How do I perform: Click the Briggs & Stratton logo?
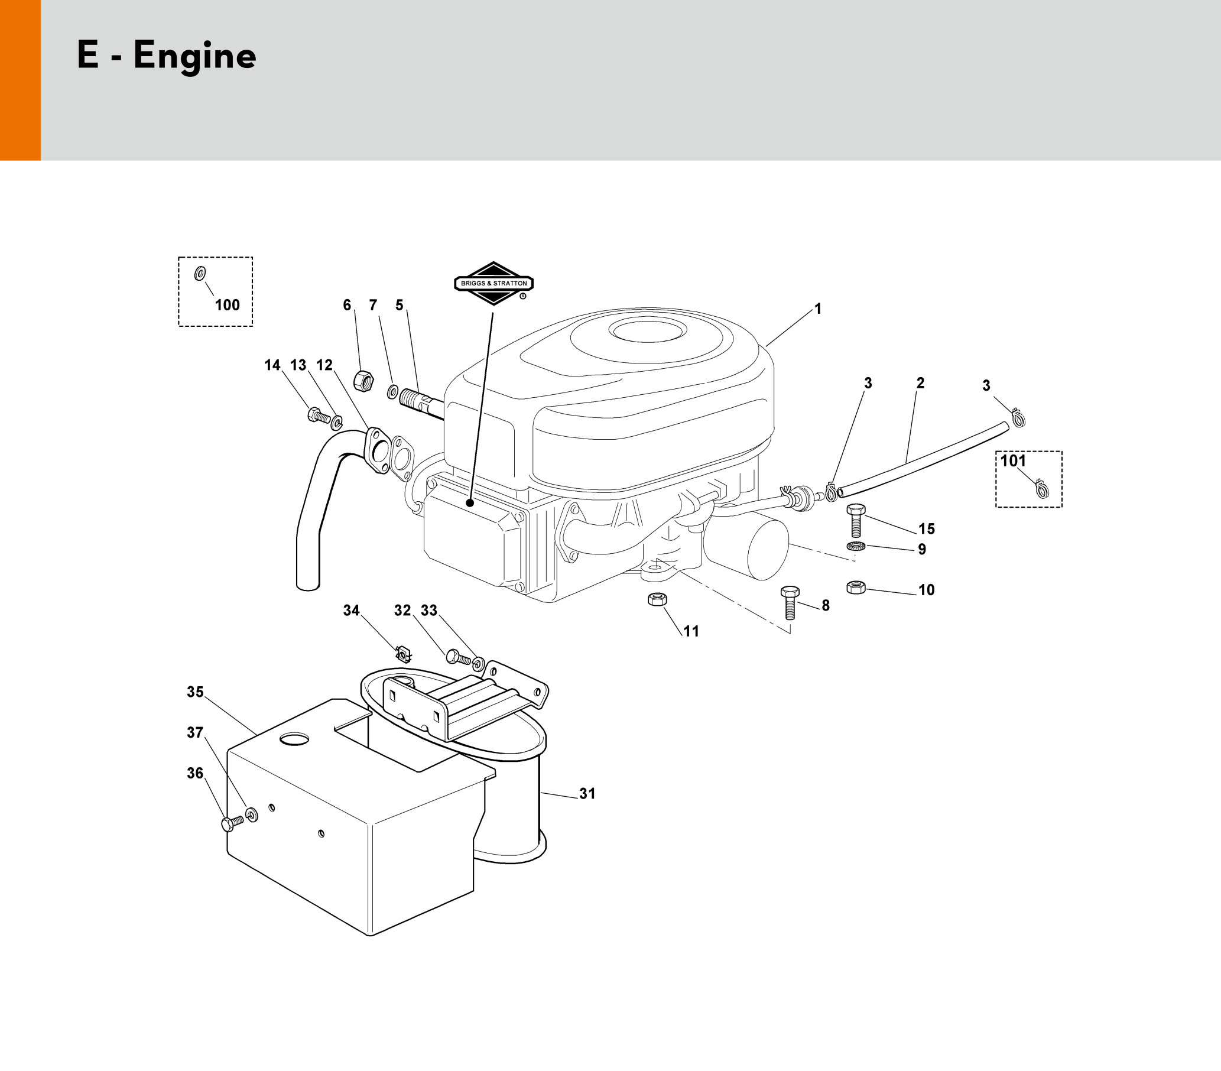pos(493,283)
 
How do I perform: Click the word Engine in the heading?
pos(195,57)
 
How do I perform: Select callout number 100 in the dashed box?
pos(227,305)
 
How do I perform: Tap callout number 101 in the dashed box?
pos(1013,460)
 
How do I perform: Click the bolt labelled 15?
pos(856,520)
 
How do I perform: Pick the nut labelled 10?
pos(856,588)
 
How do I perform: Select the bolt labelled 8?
pos(790,602)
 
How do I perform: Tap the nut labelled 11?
pos(657,599)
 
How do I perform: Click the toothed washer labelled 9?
pos(856,546)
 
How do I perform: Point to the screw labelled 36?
pos(232,823)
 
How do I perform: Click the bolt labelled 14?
pos(317,414)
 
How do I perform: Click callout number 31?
pos(587,794)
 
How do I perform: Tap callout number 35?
pos(196,692)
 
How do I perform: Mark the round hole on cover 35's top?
pos(292,739)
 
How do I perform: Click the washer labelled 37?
pos(252,814)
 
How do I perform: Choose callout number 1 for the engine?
pos(818,309)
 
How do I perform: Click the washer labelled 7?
pos(393,392)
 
